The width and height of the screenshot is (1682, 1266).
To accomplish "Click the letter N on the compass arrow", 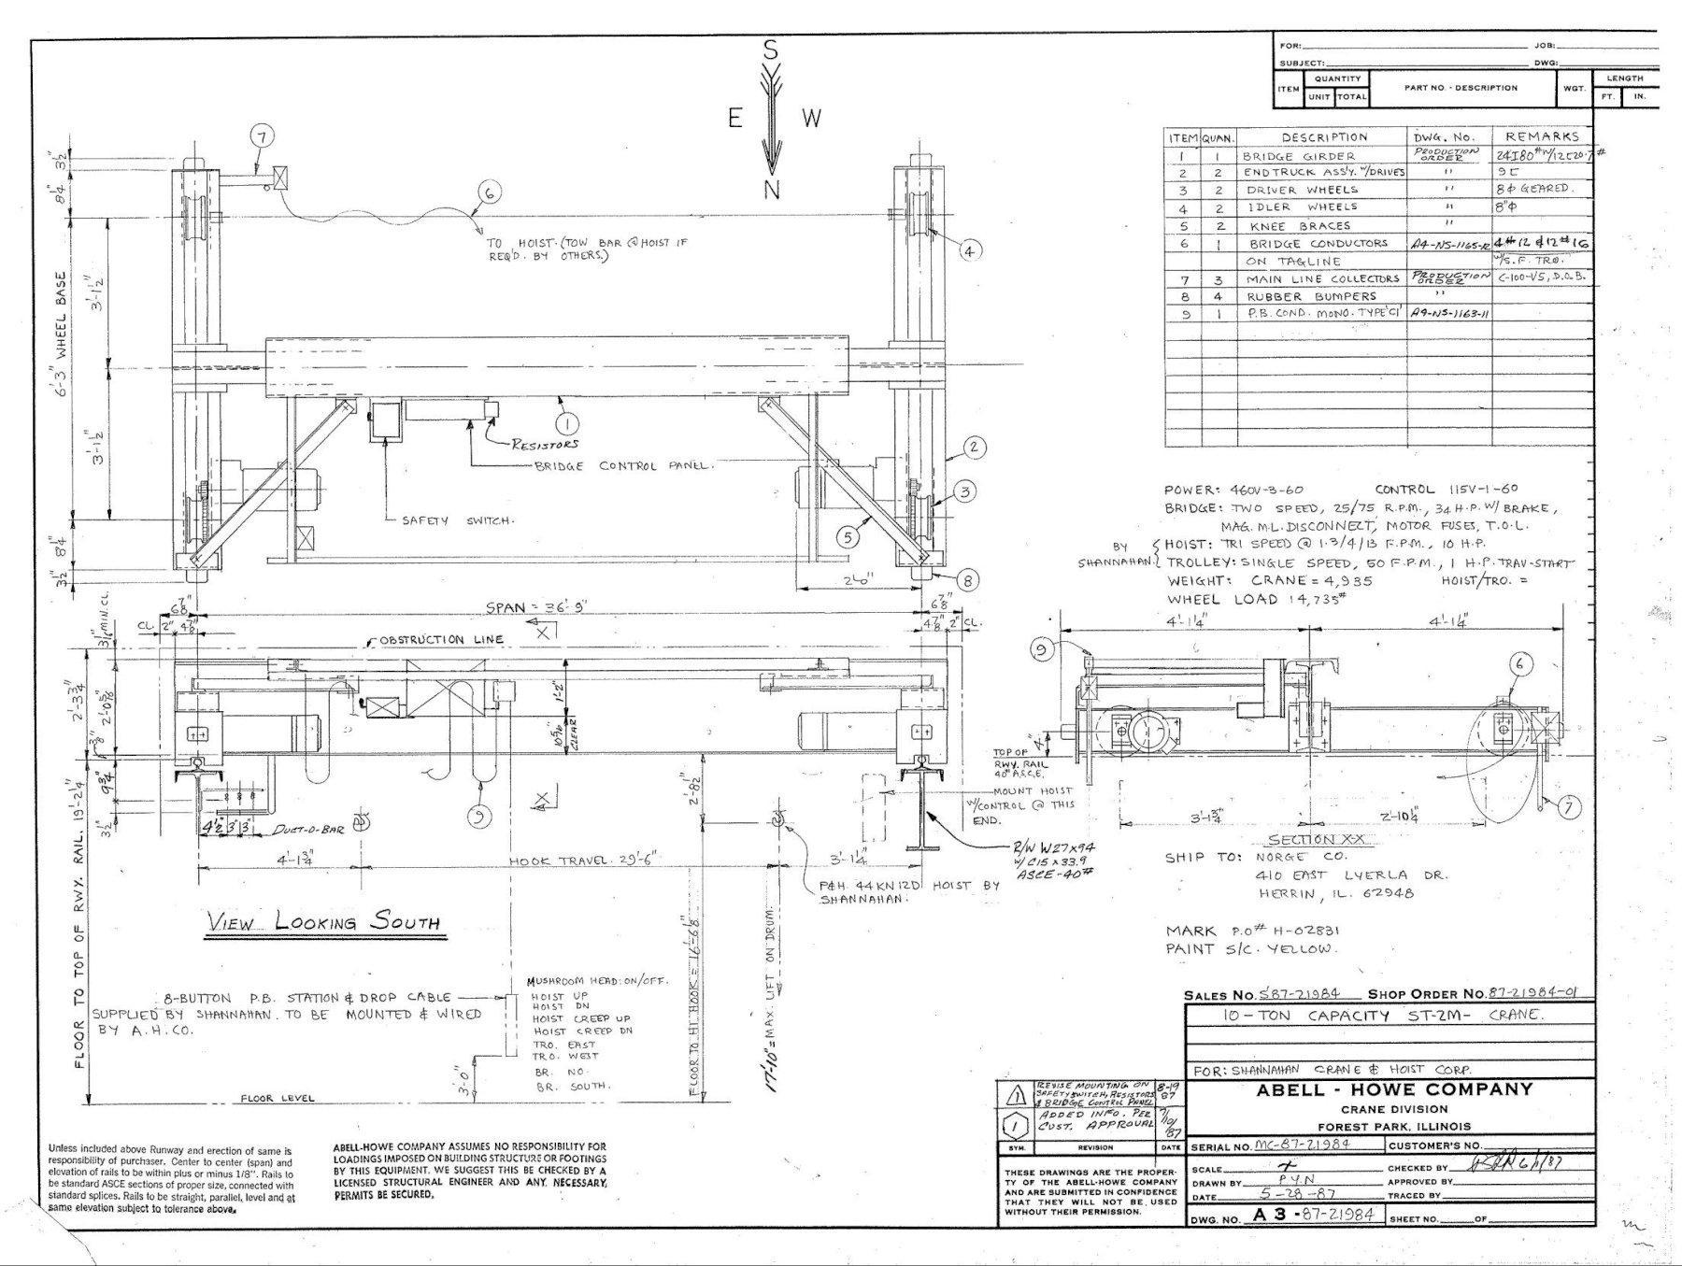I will point(772,190).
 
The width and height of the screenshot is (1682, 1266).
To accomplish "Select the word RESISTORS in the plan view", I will point(545,444).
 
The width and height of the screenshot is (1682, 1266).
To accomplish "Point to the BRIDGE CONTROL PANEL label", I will point(623,466).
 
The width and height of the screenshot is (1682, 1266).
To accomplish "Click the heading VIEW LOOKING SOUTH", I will point(323,922).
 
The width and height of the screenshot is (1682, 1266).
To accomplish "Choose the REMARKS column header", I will point(1541,136).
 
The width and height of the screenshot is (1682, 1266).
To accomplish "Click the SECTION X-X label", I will point(1318,840).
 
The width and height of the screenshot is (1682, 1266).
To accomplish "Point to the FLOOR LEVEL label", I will point(278,1099).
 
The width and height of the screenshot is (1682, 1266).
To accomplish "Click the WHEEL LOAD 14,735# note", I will point(1256,600).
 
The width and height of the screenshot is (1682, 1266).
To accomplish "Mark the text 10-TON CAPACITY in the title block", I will point(1289,1017).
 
